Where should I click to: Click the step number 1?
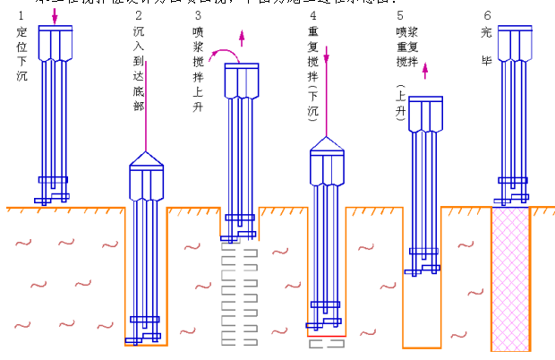21,16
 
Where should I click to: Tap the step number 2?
138,16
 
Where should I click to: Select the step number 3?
198,16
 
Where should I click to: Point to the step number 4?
312,16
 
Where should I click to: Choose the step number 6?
486,16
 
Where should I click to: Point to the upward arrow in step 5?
424,71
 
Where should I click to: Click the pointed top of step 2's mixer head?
146,156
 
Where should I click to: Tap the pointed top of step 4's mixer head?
327,142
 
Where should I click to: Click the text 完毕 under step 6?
486,46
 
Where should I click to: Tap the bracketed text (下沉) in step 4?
313,99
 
